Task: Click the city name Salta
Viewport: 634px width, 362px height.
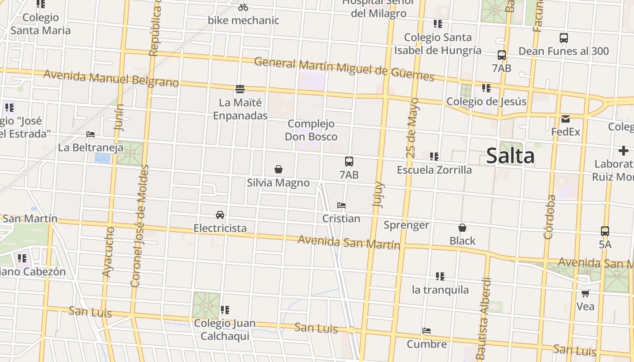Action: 510,156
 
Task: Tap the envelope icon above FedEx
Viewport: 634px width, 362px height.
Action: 566,119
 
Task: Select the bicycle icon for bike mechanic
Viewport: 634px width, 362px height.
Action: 243,7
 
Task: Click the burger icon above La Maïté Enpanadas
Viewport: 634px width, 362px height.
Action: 240,89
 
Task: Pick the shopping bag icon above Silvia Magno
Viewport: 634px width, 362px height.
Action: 279,170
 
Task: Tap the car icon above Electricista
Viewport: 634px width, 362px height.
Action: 220,215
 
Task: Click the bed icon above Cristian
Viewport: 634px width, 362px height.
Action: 341,205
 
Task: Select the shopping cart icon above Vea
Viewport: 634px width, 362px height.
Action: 585,294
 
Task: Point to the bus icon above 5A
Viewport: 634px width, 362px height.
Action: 605,231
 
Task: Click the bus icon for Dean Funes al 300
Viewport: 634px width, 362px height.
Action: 564,38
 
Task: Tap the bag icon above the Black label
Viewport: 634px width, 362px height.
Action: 462,228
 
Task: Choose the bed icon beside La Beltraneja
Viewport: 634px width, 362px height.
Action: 91,134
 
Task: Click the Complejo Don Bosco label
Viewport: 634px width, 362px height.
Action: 311,130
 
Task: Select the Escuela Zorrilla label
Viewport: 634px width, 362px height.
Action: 434,170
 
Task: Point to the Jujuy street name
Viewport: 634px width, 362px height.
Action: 378,195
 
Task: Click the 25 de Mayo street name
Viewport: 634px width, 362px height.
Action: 413,128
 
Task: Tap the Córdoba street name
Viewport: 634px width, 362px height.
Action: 549,217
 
